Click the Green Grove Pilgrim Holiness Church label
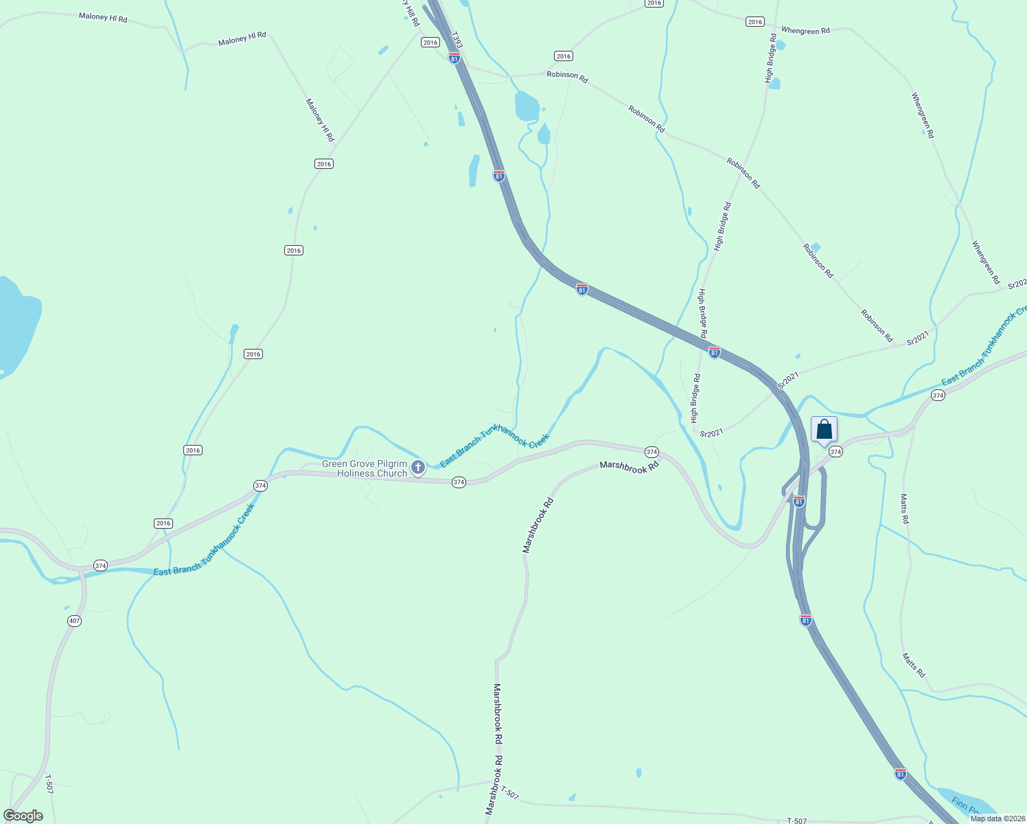365,469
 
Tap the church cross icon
417,468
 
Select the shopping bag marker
824,431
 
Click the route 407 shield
75,621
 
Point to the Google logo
23,816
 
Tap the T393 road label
457,40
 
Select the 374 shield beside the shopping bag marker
835,452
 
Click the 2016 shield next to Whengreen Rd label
755,22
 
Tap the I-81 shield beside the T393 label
454,58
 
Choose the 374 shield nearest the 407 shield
101,566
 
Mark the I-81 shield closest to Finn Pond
901,774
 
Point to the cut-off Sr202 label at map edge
1017,283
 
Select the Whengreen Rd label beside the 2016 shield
805,31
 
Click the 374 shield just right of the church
459,483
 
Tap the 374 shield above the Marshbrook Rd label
651,452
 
